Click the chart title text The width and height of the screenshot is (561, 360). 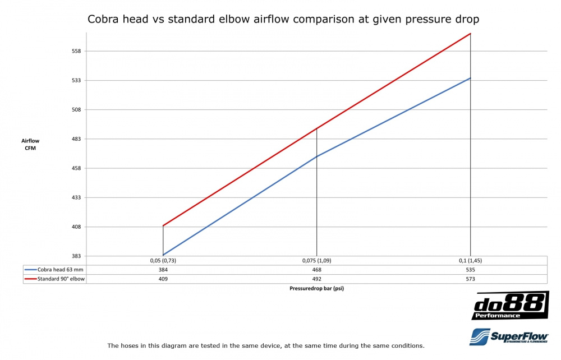tap(283, 19)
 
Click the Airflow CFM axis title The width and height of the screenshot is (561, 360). tap(30, 144)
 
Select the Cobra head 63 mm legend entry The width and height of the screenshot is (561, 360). tap(54, 270)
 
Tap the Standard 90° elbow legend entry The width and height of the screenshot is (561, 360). tap(54, 279)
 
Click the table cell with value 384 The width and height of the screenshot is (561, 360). tap(163, 270)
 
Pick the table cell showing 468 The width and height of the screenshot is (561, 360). tap(316, 270)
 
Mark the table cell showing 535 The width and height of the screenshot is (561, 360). tap(470, 270)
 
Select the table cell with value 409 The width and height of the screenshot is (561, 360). tap(163, 279)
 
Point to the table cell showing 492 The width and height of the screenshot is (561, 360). tap(316, 279)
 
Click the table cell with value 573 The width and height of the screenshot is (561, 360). tap(470, 279)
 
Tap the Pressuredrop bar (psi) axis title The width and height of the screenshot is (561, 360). tap(317, 289)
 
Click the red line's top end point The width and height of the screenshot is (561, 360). tap(470, 34)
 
